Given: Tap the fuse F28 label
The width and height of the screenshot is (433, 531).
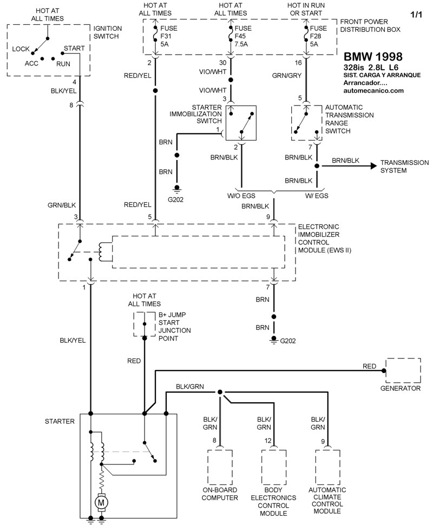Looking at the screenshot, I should coord(320,36).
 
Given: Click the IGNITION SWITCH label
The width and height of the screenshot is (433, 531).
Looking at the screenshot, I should coord(108,32).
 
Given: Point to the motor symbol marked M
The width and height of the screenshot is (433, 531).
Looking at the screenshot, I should coord(101,502).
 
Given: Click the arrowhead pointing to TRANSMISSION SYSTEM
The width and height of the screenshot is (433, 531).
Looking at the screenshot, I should coord(372,167).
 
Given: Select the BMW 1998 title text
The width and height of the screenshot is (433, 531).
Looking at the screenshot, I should coord(373,57).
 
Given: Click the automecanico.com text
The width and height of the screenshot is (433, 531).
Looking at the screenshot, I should coord(374,91).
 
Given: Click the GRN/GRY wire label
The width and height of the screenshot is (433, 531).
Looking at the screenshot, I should coord(287,76).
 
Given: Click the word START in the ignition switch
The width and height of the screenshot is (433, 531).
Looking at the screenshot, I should coord(74,48).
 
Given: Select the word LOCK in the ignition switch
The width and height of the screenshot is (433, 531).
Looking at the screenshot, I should coord(21,49).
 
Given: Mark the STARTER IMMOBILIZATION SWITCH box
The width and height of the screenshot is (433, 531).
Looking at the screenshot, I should coord(241,124).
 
